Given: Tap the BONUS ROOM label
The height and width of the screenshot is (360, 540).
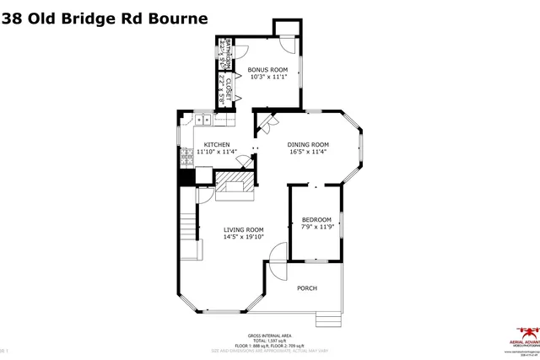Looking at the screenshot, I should pos(267,69).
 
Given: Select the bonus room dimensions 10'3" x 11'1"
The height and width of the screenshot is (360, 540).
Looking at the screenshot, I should pos(267,77).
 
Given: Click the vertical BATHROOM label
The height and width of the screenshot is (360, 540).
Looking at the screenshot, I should pos(224,55).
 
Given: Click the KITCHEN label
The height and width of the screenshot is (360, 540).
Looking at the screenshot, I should pos(217,144).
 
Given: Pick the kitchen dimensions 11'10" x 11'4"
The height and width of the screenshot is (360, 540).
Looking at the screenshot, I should pos(217,152).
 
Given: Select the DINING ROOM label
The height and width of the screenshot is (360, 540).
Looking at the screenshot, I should pos(308,144).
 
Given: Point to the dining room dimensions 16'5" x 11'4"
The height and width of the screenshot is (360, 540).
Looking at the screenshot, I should pos(308,152).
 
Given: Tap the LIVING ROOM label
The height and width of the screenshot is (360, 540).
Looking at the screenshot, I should pos(243,229).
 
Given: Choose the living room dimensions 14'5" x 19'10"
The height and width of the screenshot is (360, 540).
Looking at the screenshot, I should pos(243,237).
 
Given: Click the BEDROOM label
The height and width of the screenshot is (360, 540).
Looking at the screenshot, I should pos(316,219).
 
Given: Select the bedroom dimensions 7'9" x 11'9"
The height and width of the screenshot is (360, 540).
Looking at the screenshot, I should pos(316,227).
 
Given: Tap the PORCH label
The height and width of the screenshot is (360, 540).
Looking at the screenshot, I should pos(307,288).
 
